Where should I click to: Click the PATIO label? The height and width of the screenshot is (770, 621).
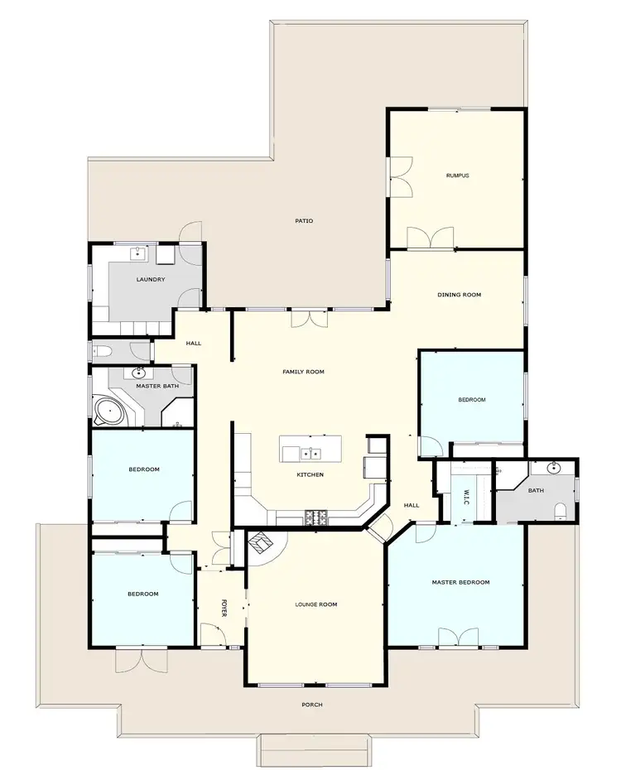[x=304, y=221]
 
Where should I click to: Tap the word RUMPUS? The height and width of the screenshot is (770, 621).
[x=457, y=176]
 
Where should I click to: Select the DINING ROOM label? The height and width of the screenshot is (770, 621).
[x=459, y=295]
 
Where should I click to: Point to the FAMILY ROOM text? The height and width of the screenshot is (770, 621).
[x=303, y=373]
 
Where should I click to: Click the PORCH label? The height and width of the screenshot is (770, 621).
[x=311, y=705]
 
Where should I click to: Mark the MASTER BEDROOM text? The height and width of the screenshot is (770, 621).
[x=460, y=582]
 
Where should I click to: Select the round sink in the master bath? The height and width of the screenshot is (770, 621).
[x=139, y=373]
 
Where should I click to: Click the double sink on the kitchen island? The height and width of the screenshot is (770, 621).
[x=311, y=453]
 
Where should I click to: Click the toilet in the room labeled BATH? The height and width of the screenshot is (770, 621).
[x=561, y=509]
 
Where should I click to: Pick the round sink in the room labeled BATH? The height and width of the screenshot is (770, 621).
[x=555, y=468]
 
